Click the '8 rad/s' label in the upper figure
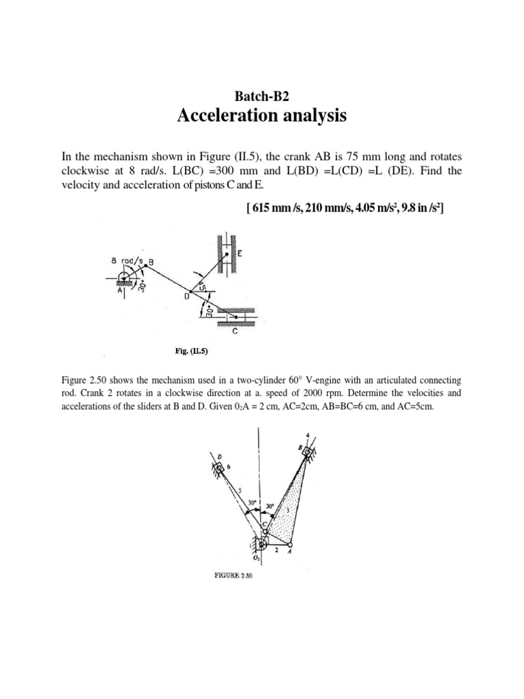(123, 259)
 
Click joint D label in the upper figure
(186, 298)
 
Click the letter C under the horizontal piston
(235, 332)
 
